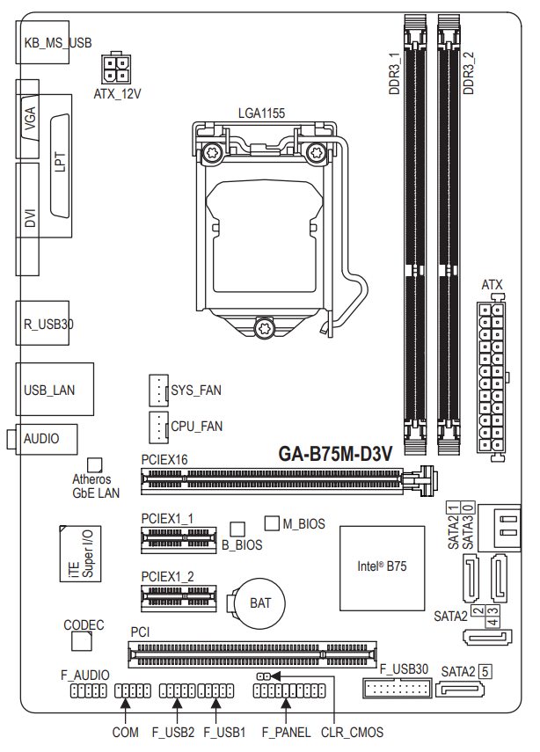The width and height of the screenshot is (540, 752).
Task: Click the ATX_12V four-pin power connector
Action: click(x=115, y=69)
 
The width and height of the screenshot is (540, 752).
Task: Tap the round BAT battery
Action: click(x=259, y=603)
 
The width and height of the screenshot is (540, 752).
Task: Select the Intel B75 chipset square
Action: click(x=383, y=568)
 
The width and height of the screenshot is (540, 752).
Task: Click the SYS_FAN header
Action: click(x=158, y=391)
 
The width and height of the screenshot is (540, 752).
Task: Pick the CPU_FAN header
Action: click(x=158, y=427)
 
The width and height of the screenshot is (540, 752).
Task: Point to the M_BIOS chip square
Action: click(x=272, y=523)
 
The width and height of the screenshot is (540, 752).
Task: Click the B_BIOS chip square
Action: click(x=237, y=529)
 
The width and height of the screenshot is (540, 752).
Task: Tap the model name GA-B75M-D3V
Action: click(x=335, y=454)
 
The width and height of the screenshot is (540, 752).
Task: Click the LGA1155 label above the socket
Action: click(x=261, y=113)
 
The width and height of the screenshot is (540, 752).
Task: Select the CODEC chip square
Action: click(x=82, y=641)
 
